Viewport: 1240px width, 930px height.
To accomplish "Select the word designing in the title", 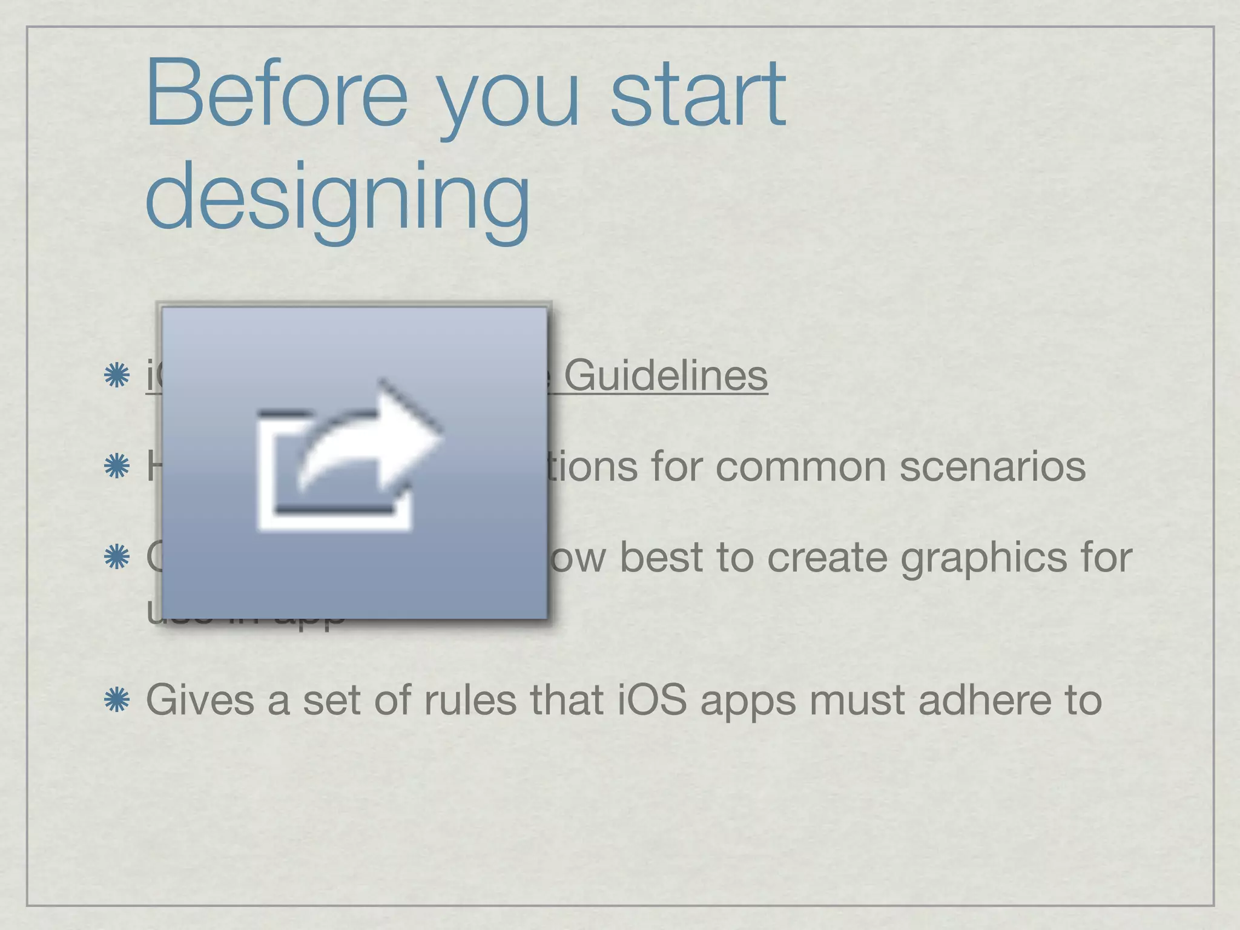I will [x=338, y=197].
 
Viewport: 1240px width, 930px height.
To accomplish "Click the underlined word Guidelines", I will [x=665, y=376].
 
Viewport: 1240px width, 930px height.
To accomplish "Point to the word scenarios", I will [x=992, y=467].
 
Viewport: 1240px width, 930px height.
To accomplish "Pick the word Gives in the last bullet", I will [x=200, y=701].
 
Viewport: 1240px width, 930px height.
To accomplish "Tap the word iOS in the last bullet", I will [x=652, y=701].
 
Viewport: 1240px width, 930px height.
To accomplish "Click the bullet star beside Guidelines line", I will [x=117, y=376].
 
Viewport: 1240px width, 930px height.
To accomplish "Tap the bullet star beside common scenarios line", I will [x=117, y=467].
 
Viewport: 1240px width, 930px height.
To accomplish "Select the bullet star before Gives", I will [x=117, y=701].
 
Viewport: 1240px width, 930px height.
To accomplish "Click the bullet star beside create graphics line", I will [x=117, y=558].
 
